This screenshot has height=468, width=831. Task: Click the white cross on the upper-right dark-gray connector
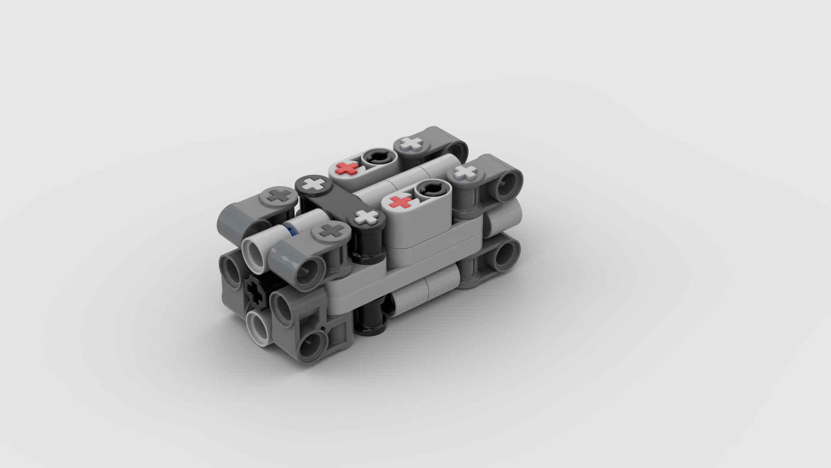point(466,173)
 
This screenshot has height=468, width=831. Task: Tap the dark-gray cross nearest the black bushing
point(332,231)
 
